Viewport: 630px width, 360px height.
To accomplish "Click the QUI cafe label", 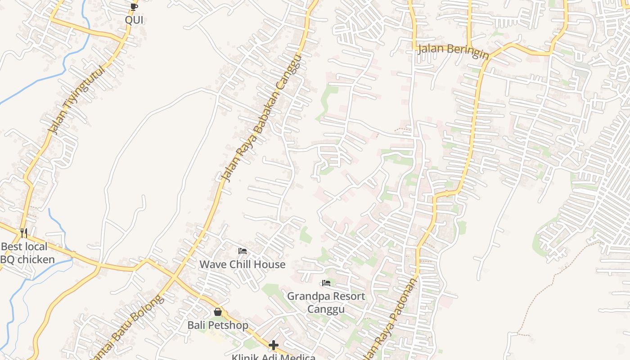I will pos(134,20).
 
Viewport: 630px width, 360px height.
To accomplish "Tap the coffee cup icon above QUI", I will pos(134,6).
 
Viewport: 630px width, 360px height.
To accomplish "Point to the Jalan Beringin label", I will pos(453,51).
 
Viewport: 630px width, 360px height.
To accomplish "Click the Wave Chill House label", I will pos(242,264).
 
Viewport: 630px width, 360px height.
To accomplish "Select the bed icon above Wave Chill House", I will pos(243,251).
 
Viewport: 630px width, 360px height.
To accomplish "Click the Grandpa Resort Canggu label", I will pos(326,302).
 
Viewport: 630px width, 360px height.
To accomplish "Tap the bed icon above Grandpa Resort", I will pos(326,283).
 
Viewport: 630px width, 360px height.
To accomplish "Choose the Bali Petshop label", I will pos(218,325).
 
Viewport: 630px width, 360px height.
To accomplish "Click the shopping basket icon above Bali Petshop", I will pos(218,311).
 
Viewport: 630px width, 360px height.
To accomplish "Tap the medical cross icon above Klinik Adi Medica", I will pos(274,345).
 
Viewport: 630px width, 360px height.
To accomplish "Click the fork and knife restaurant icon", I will pos(24,233).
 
